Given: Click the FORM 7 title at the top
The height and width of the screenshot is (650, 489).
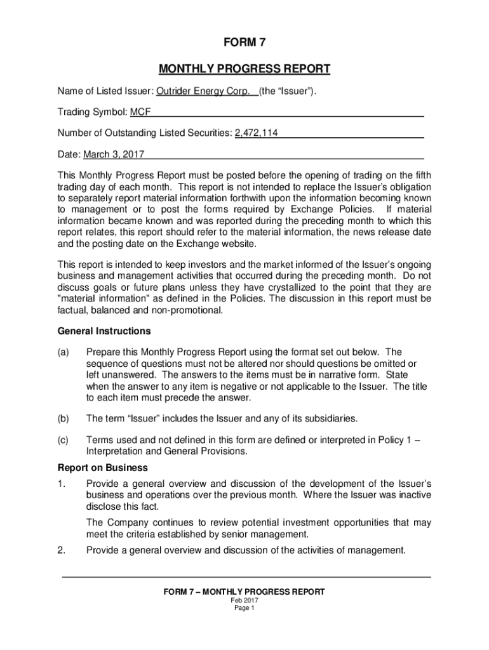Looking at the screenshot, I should [x=244, y=43].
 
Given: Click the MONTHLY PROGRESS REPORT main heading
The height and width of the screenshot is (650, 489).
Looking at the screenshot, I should [x=245, y=69].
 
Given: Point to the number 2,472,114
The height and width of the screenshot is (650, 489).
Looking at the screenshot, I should [x=256, y=133].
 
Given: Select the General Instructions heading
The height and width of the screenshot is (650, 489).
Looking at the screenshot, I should [x=104, y=331].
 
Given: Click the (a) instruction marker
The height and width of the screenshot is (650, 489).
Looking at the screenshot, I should [x=63, y=352].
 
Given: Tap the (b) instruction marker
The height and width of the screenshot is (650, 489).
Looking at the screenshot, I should [x=63, y=418].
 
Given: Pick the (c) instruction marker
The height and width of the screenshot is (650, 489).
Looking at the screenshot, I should [x=63, y=440].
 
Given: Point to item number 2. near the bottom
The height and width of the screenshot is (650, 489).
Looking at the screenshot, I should [x=61, y=550].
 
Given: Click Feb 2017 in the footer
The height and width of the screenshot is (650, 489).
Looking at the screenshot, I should [x=244, y=600].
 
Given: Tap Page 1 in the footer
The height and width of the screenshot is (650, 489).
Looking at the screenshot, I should [x=244, y=608].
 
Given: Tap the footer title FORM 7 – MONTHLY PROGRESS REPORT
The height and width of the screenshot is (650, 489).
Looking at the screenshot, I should [x=244, y=592].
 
